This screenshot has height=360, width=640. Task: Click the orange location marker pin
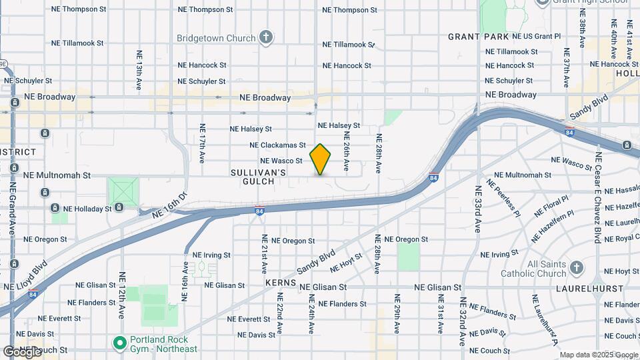[321, 159]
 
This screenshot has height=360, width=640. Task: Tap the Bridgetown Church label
[216, 38]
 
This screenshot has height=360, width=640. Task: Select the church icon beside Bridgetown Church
[266, 37]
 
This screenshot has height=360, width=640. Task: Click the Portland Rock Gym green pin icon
[120, 343]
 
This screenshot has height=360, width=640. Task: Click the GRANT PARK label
[479, 37]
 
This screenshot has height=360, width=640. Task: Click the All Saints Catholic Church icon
[577, 268]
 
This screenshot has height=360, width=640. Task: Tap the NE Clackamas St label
[277, 145]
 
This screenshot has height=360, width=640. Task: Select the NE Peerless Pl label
[503, 197]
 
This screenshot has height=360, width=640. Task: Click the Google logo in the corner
[22, 351]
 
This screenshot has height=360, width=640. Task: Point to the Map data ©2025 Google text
[598, 355]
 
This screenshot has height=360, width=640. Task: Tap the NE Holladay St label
[83, 209]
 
